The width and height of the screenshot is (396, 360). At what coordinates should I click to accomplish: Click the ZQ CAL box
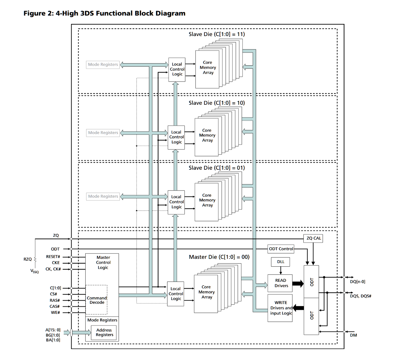pyautogui.click(x=313, y=238)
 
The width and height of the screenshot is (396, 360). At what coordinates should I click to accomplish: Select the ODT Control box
pyautogui.click(x=281, y=249)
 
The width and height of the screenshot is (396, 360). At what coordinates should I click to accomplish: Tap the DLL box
pyautogui.click(x=281, y=262)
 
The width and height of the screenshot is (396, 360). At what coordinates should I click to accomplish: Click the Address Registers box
pyautogui.click(x=104, y=332)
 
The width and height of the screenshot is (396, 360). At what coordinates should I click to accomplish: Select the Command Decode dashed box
pyautogui.click(x=97, y=300)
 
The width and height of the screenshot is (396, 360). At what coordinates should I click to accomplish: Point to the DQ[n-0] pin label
pyautogui.click(x=358, y=282)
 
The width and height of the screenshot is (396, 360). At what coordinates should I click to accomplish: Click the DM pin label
pyautogui.click(x=353, y=335)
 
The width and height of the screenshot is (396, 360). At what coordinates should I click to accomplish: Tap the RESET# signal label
pyautogui.click(x=53, y=257)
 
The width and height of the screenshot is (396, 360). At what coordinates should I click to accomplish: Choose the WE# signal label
pyautogui.click(x=55, y=313)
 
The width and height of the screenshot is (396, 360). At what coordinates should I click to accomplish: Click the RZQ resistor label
pyautogui.click(x=28, y=259)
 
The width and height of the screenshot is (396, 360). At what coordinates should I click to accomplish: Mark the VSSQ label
pyautogui.click(x=34, y=271)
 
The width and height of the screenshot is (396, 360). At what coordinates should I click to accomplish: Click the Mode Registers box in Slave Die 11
pyautogui.click(x=103, y=65)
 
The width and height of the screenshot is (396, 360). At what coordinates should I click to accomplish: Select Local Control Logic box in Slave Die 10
pyautogui.click(x=177, y=137)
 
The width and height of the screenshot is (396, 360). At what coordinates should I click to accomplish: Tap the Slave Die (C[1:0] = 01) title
pyautogui.click(x=217, y=168)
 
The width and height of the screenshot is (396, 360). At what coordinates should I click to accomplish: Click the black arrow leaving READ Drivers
pyautogui.click(x=298, y=283)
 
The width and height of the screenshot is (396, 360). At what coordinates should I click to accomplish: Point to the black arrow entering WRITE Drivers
pyautogui.click(x=298, y=307)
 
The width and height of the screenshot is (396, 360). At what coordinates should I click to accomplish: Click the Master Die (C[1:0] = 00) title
pyautogui.click(x=219, y=257)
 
